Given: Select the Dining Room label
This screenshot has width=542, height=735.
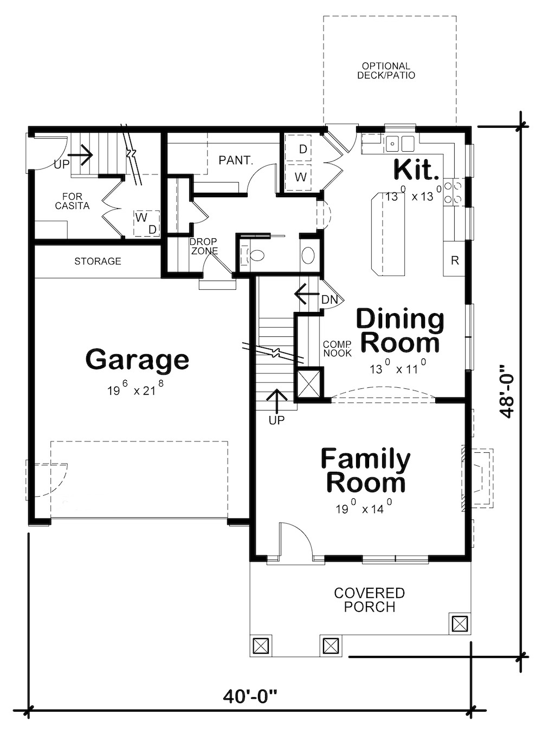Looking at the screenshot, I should (x=399, y=331).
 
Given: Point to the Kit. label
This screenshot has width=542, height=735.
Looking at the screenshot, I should (x=416, y=170).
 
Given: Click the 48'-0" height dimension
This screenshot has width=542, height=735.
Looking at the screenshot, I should (x=507, y=390).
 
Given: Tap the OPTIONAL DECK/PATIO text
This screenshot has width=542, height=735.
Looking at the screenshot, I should (x=386, y=71).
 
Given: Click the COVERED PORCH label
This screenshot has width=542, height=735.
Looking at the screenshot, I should (x=370, y=600).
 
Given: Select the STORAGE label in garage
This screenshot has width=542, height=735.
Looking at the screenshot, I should (x=98, y=262).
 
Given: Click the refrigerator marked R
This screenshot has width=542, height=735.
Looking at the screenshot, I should (x=454, y=261).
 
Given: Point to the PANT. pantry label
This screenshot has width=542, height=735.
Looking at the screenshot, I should (x=236, y=160).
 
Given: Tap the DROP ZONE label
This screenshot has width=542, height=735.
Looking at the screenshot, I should (x=204, y=246).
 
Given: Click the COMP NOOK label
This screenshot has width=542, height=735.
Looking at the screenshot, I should (x=337, y=349).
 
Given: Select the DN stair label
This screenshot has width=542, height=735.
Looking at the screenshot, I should (x=330, y=300).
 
